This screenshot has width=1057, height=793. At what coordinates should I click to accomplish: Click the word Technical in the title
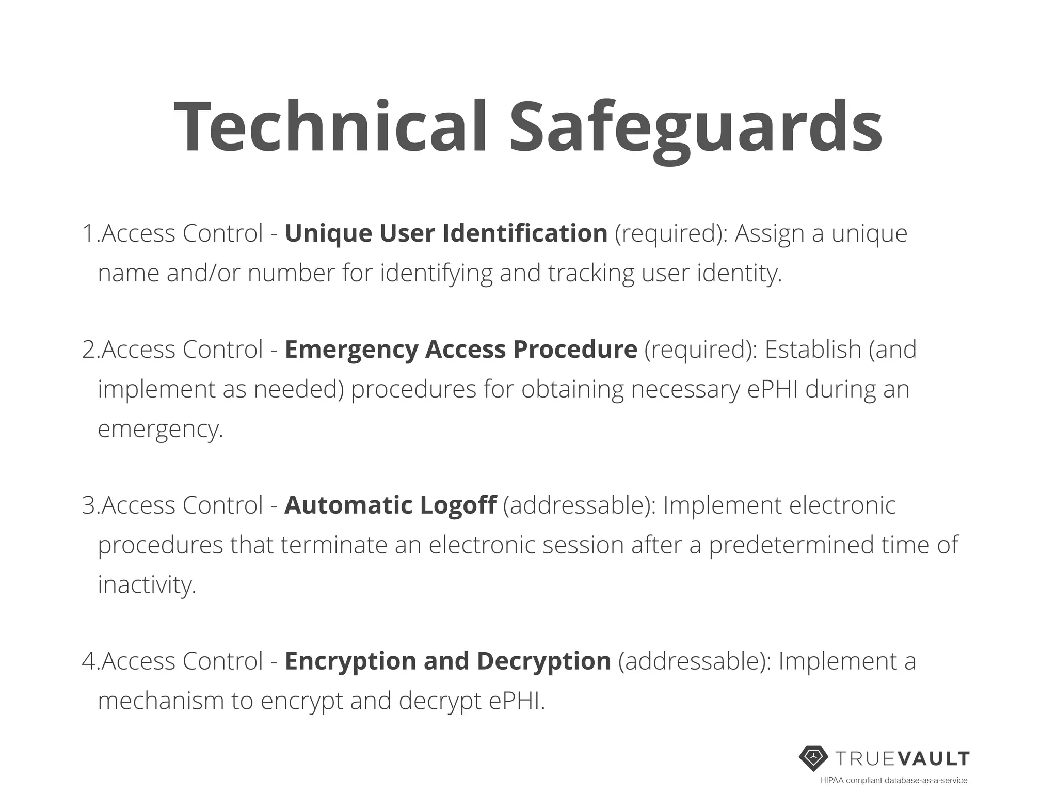pos(331,127)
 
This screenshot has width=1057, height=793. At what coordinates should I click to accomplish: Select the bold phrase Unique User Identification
pos(446,233)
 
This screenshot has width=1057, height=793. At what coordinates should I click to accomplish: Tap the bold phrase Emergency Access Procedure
pos(461,350)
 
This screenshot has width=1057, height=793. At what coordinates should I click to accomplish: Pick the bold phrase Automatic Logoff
pos(390,505)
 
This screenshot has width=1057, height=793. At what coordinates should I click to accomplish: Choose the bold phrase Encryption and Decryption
pos(447,661)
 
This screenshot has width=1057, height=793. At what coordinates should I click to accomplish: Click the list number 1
pos(88,233)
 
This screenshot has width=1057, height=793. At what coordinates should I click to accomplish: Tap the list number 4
pos(89,661)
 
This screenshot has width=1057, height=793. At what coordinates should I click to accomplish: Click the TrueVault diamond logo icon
pos(813,758)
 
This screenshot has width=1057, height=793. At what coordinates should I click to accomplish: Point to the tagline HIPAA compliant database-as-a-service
pos(893,780)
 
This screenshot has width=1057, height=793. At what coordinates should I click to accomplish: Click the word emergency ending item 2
pos(159,429)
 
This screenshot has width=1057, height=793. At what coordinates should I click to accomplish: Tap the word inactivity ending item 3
pos(147,584)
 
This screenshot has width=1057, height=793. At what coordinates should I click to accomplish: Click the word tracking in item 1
pos(590,273)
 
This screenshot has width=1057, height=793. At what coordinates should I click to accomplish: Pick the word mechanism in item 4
pos(161,701)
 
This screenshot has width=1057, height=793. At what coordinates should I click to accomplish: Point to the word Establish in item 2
pos(813,350)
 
